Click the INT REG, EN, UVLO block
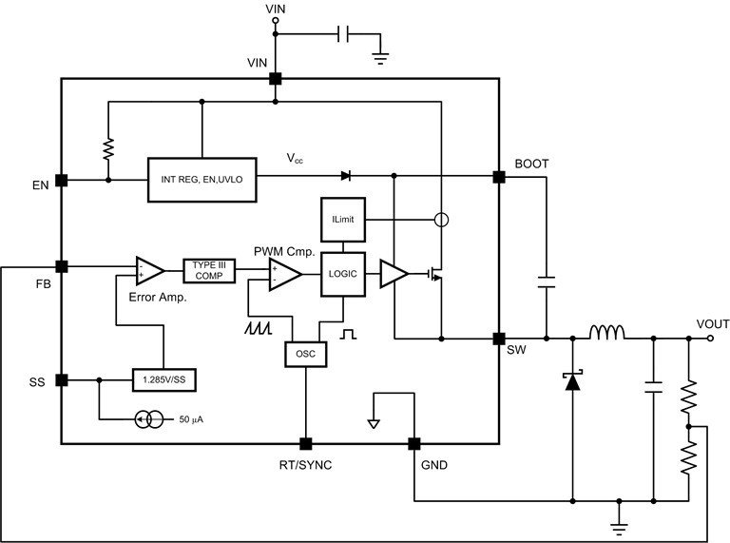pyautogui.click(x=202, y=178)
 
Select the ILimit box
pyautogui.click(x=338, y=220)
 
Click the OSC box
pyautogui.click(x=305, y=354)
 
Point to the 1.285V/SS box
pyautogui.click(x=163, y=380)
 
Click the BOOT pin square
pyautogui.click(x=498, y=177)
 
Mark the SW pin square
pyautogui.click(x=498, y=338)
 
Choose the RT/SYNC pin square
pyautogui.click(x=305, y=443)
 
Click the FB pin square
pyautogui.click(x=62, y=266)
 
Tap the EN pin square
pyautogui.click(x=62, y=179)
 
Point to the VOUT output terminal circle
pyautogui.click(x=709, y=338)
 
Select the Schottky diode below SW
pyautogui.click(x=571, y=380)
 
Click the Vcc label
pyautogui.click(x=297, y=158)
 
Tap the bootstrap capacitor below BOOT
pyautogui.click(x=547, y=281)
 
